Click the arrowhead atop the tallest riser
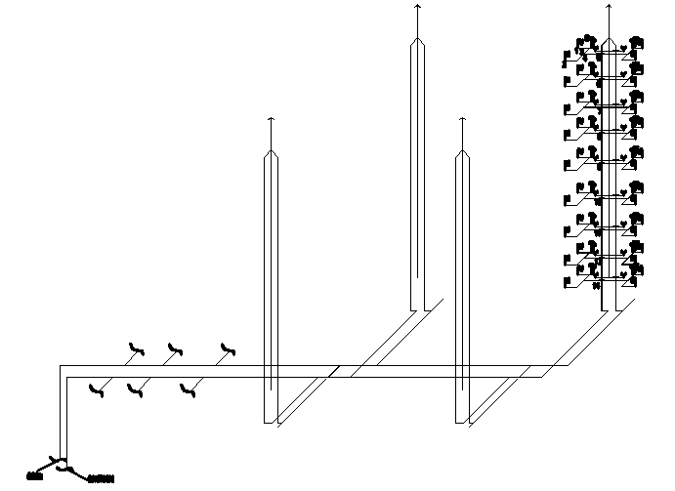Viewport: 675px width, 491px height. click(x=417, y=6)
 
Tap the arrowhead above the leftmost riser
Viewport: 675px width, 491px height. click(x=271, y=119)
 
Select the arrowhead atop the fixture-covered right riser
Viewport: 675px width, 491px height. click(x=609, y=6)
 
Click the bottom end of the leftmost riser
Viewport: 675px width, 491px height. click(x=271, y=422)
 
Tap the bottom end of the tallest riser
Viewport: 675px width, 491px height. click(x=417, y=308)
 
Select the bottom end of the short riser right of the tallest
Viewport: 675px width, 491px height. click(x=462, y=422)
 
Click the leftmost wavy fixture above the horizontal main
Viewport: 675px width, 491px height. click(x=136, y=348)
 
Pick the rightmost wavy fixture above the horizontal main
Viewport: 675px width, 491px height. click(x=229, y=348)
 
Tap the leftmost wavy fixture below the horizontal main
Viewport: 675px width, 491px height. click(x=95, y=390)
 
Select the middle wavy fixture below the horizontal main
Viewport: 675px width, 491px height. click(x=134, y=390)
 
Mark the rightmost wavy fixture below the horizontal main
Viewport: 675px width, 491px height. click(x=188, y=390)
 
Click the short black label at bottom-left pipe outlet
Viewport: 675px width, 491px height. click(x=35, y=477)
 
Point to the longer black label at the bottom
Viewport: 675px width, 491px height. click(x=102, y=478)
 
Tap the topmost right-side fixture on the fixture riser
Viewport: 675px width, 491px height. click(x=636, y=42)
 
